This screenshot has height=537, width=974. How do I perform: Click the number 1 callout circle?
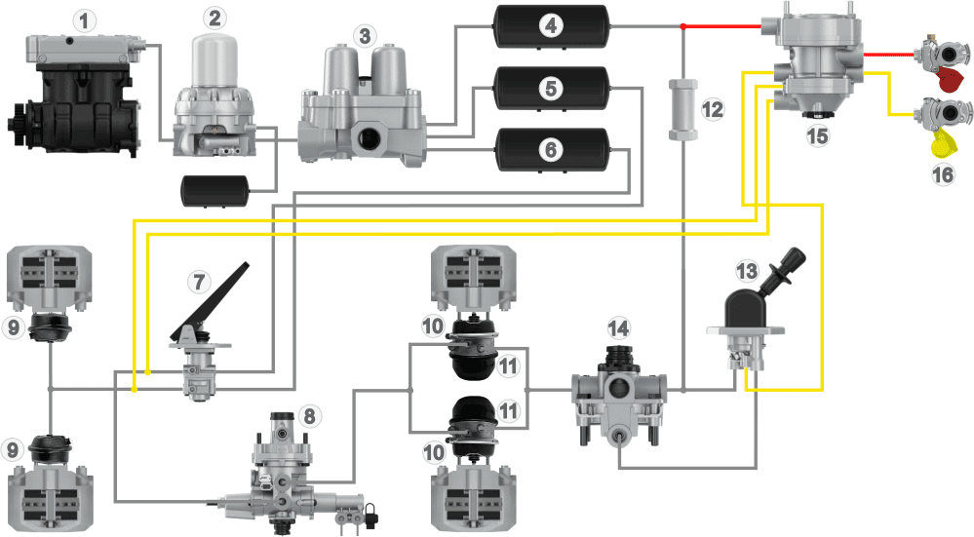coord(88,19)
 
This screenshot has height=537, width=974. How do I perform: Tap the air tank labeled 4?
coord(552,25)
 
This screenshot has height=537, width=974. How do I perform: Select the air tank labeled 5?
coord(552,88)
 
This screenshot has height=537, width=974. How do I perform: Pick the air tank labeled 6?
coord(552,150)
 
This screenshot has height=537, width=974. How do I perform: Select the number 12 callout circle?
coord(713,109)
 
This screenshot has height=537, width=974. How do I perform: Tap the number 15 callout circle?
coord(817,137)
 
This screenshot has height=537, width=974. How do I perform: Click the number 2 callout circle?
coord(214,19)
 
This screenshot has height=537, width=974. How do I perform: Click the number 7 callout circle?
coord(199,282)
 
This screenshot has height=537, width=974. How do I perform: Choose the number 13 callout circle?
coord(747,269)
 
